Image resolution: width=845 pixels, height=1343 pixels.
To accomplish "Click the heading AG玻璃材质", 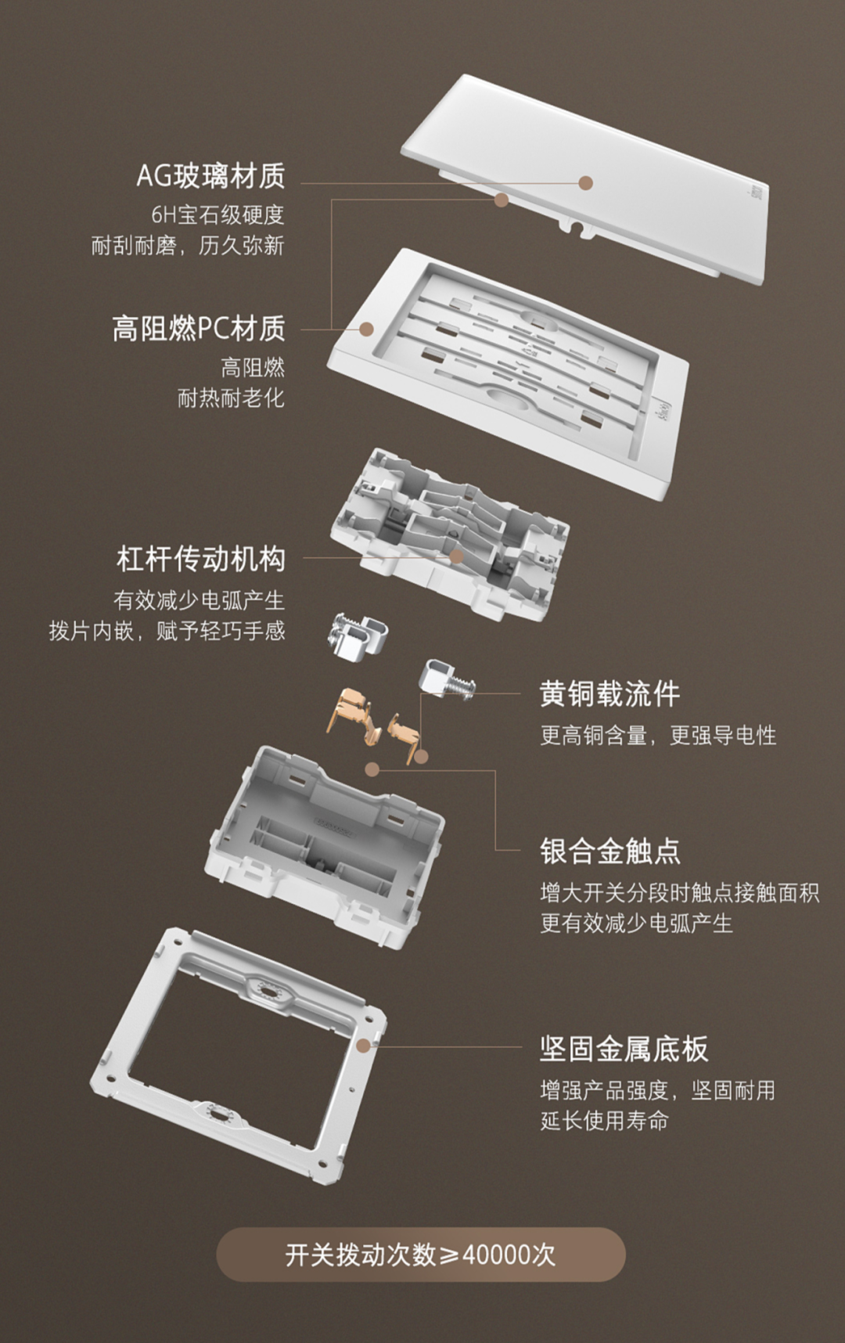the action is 210,175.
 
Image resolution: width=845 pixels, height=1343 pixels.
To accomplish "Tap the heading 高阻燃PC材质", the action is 198,328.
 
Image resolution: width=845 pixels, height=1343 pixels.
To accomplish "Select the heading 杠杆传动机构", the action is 201,559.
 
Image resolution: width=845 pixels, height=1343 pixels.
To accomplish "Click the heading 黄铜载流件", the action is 609,694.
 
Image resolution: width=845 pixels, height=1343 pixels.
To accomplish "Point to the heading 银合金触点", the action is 609,852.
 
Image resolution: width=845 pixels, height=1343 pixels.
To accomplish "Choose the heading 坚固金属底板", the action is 624,1049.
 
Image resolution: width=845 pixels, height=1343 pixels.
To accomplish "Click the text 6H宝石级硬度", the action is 218,214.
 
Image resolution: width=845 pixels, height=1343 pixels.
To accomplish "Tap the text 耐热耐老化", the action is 231,398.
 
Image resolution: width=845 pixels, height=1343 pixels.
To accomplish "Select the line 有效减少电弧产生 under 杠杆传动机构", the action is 199,600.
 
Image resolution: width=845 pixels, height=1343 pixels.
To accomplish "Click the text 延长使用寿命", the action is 604,1121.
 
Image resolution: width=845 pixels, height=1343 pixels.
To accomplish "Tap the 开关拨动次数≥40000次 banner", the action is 421,1255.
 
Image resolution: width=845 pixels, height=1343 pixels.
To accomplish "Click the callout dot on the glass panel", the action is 586,183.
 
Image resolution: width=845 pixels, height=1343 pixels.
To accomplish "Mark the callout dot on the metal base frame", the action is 363,1046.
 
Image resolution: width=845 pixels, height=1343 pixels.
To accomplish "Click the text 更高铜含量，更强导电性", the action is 658,736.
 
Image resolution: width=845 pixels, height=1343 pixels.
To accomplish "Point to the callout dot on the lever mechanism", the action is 456,556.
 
